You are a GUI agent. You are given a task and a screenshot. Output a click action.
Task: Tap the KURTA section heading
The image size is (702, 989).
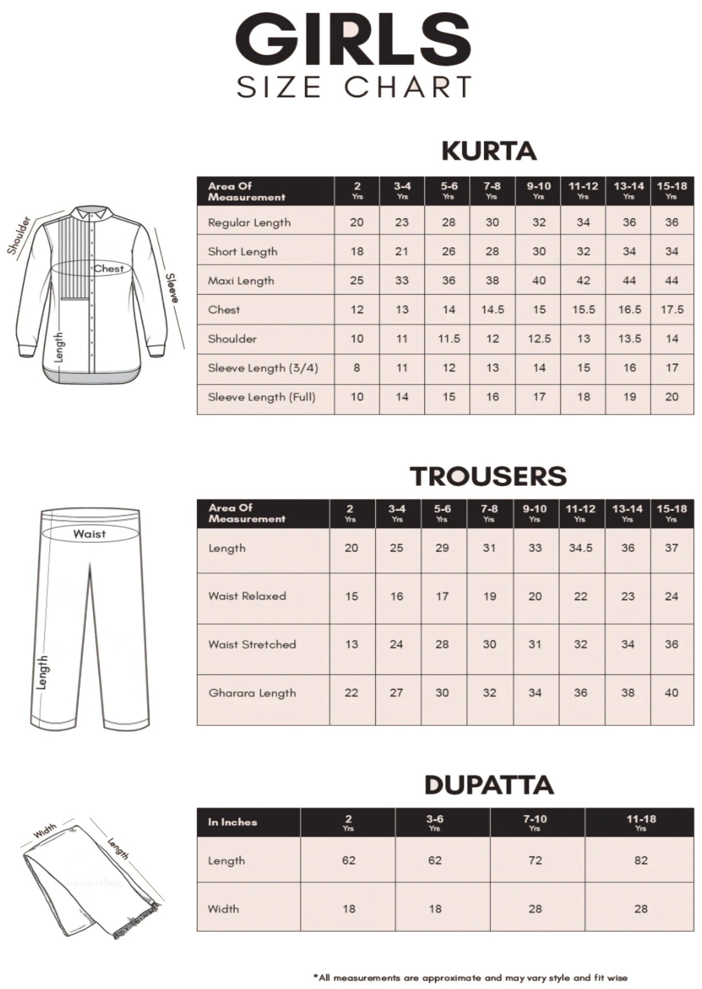click(489, 151)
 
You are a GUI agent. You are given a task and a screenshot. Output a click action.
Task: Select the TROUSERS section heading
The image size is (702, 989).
click(488, 476)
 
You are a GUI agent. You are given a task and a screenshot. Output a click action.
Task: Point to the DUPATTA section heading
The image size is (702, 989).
click(489, 785)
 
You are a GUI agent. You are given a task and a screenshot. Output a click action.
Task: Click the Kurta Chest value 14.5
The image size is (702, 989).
click(492, 309)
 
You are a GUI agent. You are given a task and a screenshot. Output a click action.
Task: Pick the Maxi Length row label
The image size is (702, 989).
click(241, 281)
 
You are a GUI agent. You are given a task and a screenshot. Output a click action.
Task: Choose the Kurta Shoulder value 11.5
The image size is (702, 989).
click(448, 339)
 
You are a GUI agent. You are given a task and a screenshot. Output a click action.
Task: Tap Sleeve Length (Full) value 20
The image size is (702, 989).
click(671, 397)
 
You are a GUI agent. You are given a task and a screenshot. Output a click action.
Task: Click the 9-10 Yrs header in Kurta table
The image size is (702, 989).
click(538, 190)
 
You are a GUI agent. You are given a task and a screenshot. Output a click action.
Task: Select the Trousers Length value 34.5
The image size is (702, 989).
click(581, 548)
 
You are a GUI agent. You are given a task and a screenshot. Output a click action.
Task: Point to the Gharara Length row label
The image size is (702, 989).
click(252, 693)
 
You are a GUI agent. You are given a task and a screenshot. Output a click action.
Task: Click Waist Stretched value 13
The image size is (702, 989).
click(351, 645)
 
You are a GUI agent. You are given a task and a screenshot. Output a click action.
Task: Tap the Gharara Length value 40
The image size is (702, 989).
click(671, 693)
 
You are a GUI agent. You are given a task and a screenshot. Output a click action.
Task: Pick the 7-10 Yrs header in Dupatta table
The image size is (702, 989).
click(535, 822)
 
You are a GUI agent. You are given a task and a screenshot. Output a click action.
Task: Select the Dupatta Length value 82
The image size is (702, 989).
click(640, 861)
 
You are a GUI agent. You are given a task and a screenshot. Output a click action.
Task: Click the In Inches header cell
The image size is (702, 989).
click(232, 822)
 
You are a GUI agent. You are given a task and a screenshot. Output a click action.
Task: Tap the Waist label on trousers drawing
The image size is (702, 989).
click(89, 534)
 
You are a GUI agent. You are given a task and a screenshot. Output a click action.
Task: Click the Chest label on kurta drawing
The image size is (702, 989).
click(108, 269)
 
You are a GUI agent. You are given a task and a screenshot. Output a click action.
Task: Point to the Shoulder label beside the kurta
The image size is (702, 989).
click(19, 236)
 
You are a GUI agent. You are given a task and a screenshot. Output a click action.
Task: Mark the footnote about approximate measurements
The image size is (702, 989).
click(470, 977)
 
